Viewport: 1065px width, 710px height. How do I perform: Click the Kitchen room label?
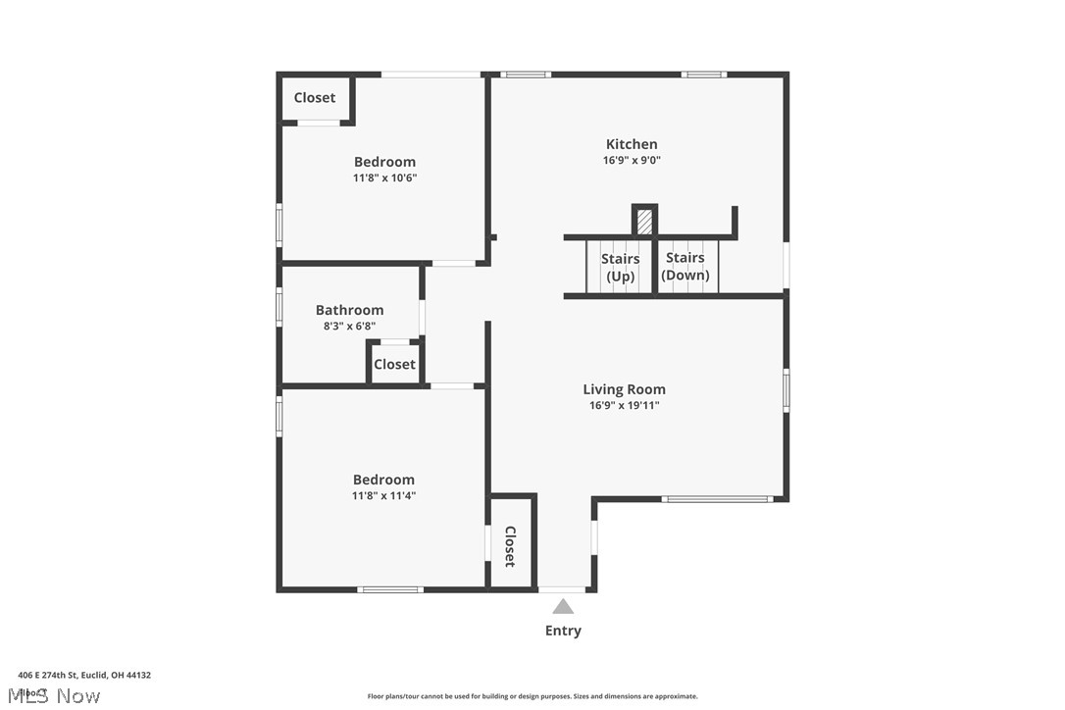pos(632,144)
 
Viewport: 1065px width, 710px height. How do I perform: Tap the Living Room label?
pos(624,389)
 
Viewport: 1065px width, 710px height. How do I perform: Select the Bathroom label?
pos(349,310)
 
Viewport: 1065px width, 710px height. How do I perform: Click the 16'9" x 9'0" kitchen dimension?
pos(632,161)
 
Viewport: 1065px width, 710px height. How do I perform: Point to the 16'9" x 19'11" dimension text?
pos(624,405)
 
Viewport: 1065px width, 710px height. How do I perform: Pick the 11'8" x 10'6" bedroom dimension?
pos(384,178)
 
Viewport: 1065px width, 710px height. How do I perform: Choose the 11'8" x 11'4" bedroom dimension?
pos(383,496)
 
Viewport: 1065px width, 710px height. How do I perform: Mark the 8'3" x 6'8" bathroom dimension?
pos(349,327)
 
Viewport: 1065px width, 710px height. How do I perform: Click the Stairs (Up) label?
pos(620,267)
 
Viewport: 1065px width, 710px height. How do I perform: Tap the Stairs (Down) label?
pos(685,266)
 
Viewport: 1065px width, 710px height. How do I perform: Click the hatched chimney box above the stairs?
pos(644,221)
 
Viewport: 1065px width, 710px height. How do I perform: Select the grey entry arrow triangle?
pos(563,607)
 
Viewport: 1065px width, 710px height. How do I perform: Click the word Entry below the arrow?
pos(563,631)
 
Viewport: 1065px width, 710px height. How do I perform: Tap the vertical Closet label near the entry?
pos(510,546)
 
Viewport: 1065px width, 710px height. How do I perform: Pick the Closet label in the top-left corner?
pos(315,98)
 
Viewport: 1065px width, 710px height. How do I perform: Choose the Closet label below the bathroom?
pos(394,364)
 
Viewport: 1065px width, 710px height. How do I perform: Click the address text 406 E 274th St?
pos(84,675)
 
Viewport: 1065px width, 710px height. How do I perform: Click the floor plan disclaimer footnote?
pos(532,696)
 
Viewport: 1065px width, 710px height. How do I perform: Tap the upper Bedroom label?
pos(384,162)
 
